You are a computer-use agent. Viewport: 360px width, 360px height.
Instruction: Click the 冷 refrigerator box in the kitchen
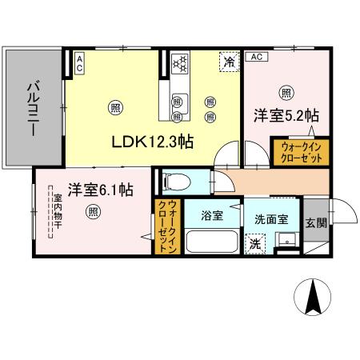pos(230,62)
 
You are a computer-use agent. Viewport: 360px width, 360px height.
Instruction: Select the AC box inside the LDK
pos(80,62)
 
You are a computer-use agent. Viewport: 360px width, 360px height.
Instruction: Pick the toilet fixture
pos(171,182)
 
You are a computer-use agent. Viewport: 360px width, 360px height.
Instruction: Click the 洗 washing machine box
pos(254,242)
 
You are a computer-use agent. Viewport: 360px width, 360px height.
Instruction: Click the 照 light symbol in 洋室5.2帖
pos(286,91)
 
